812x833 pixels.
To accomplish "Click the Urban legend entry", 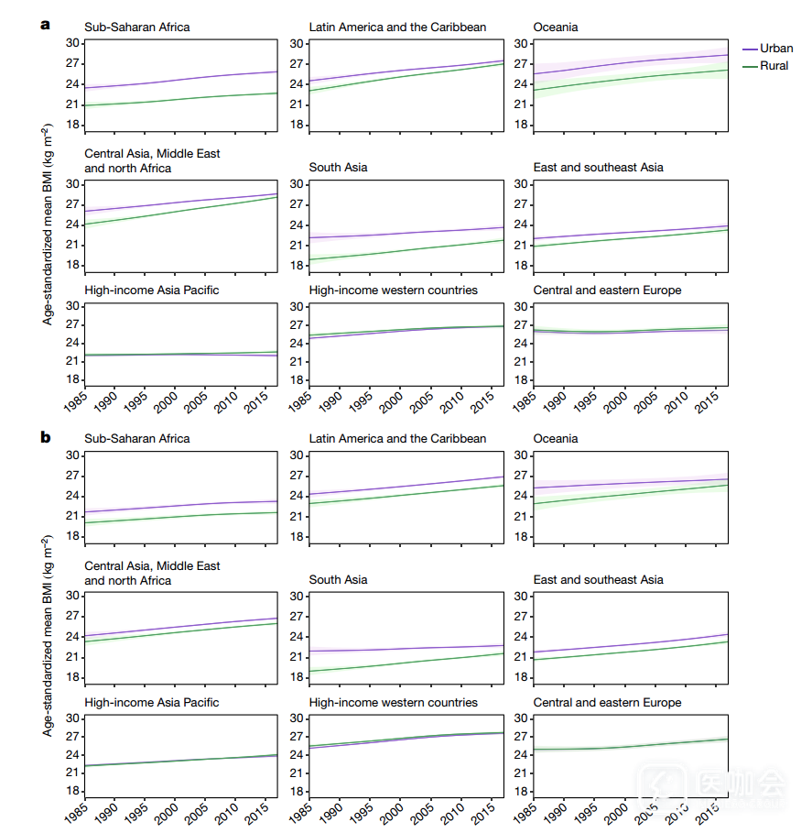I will click(776, 49).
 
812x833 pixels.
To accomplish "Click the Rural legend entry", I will click(774, 66).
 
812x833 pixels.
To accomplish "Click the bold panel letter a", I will click(45, 26).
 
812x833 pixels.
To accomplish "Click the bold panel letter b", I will click(45, 437).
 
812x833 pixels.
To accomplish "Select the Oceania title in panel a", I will click(556, 27).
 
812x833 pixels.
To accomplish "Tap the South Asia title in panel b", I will click(338, 580).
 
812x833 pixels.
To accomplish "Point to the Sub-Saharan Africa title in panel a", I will click(137, 27).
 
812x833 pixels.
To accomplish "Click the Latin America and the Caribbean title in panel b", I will click(397, 439).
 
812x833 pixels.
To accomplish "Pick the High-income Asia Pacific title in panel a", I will click(151, 290).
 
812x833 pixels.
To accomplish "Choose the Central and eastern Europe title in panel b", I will click(607, 703).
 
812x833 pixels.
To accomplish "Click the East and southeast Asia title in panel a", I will click(599, 168).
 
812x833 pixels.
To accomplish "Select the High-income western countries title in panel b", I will click(393, 703).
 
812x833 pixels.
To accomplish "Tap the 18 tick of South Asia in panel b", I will click(296, 677).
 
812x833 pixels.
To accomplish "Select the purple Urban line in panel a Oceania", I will click(632, 63).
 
